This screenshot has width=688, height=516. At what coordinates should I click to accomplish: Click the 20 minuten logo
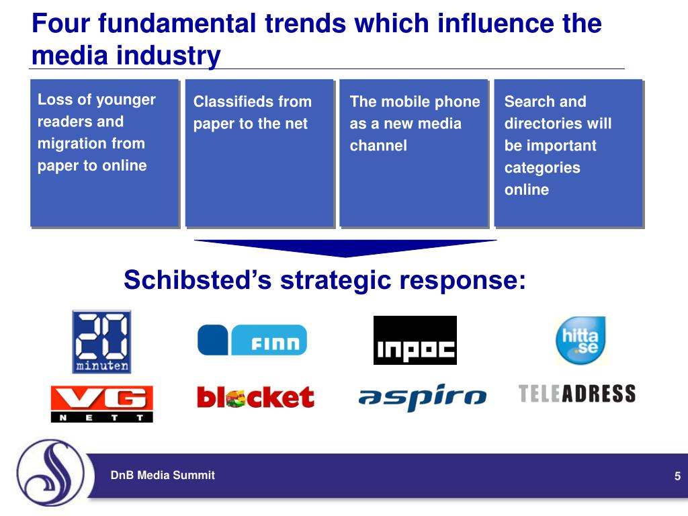[x=101, y=341]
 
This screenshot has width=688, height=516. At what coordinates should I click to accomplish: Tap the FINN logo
[x=252, y=340]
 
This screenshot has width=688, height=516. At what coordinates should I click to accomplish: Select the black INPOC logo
[x=415, y=340]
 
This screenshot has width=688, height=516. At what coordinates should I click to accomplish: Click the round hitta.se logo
[x=580, y=340]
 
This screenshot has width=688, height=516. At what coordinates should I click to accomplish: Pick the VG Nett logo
[x=101, y=403]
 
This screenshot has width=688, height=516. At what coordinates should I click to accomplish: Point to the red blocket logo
[x=255, y=397]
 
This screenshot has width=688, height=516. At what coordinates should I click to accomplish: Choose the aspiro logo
[x=422, y=398]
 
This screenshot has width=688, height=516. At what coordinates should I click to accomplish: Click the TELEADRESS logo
[x=577, y=394]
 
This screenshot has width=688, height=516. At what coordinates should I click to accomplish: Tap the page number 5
[x=678, y=476]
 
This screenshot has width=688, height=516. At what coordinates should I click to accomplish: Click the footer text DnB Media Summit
[x=163, y=475]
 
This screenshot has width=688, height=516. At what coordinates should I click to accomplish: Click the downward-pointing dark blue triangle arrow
[x=345, y=247]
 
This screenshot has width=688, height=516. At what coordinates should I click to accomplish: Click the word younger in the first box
[x=125, y=100]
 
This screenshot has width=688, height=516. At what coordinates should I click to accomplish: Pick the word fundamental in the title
[x=177, y=24]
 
